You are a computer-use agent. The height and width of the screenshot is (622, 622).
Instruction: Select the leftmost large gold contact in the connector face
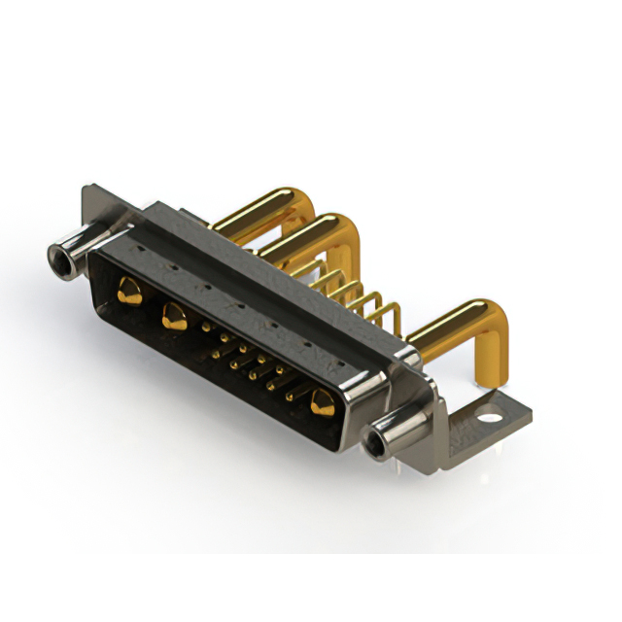pyautogui.click(x=127, y=288)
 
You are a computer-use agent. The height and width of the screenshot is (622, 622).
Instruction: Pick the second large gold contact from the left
pyautogui.click(x=175, y=314)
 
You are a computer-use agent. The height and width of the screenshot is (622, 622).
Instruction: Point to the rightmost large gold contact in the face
pyautogui.click(x=320, y=400)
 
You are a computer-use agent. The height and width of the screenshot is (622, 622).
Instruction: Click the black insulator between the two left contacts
pyautogui.click(x=151, y=303)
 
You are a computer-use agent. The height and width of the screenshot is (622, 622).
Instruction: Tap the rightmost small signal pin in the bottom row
pyautogui.click(x=290, y=396)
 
